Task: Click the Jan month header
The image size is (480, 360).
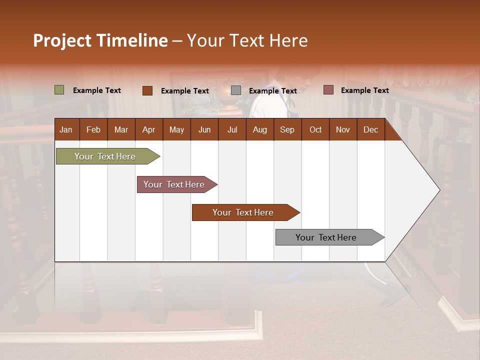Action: (x=66, y=130)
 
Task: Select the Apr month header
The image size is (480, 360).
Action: (x=148, y=130)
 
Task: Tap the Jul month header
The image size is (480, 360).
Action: (x=232, y=130)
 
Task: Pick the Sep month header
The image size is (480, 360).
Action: (x=287, y=130)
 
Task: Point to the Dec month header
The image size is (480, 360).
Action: (x=370, y=130)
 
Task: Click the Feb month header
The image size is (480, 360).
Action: (x=93, y=130)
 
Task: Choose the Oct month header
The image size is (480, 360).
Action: (x=315, y=130)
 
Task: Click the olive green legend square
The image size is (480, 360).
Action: (x=59, y=90)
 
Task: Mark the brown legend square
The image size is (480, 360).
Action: (x=147, y=90)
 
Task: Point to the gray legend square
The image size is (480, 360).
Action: (x=236, y=90)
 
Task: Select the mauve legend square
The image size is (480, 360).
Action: (x=328, y=90)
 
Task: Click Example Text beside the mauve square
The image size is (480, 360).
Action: (x=364, y=90)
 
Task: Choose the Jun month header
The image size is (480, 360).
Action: (x=204, y=130)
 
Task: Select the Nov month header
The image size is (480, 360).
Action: (x=343, y=130)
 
